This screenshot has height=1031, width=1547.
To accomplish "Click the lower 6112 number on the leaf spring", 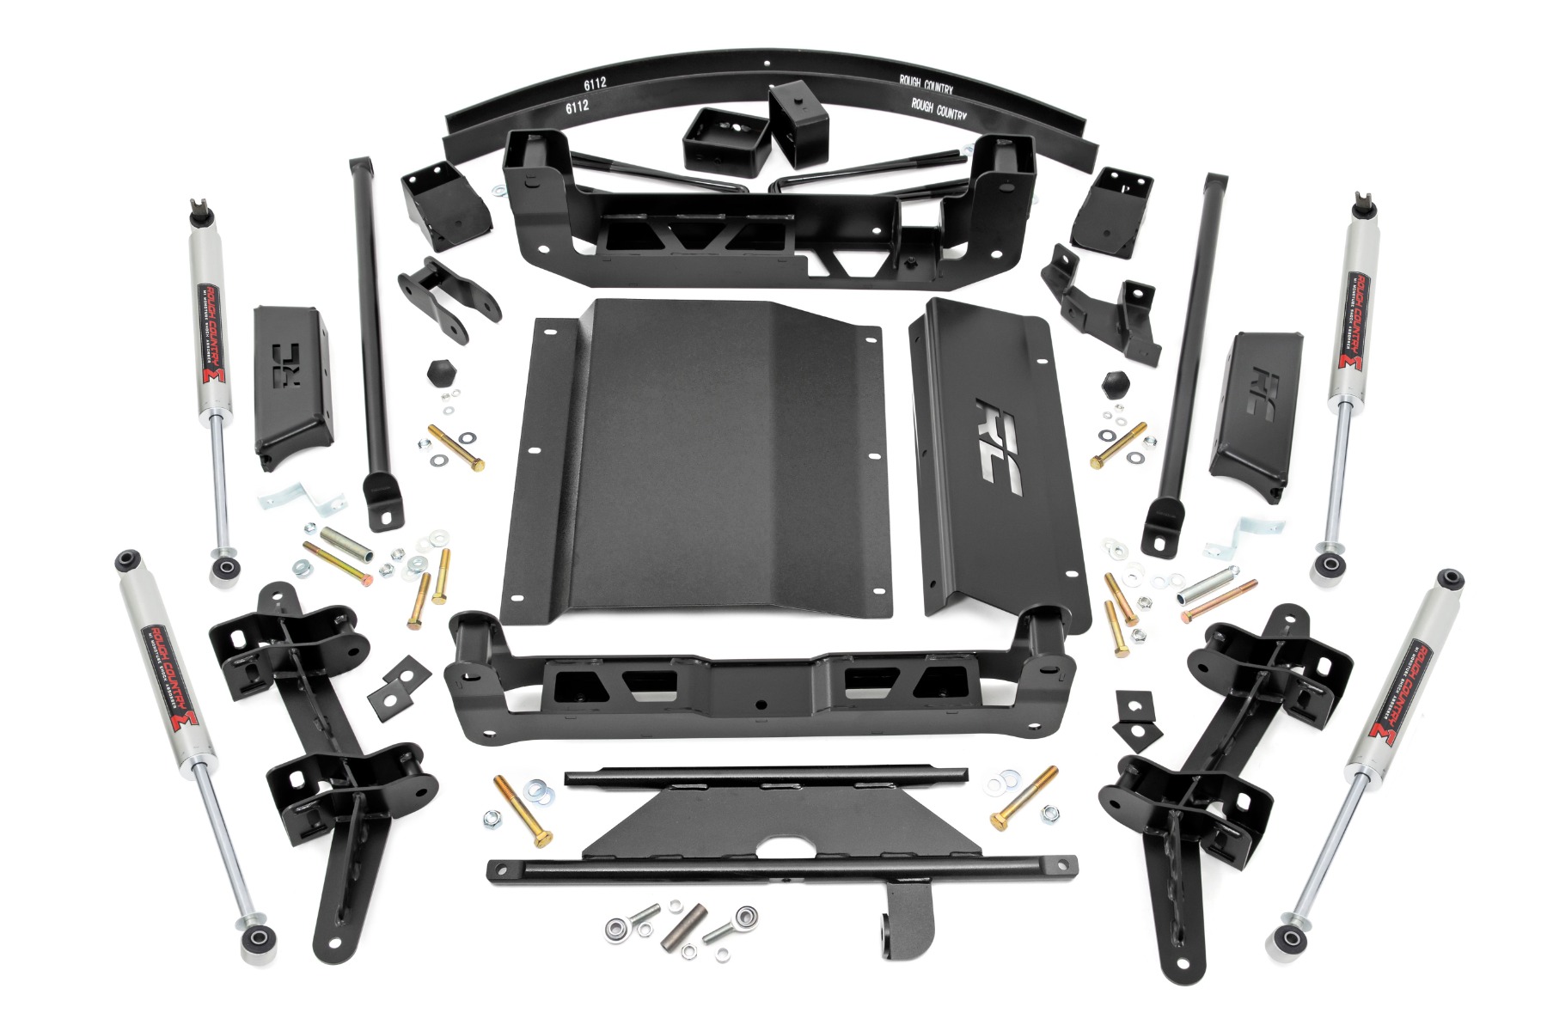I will tap(577, 107).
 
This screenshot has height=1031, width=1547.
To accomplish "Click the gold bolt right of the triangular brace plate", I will tap(1024, 798).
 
